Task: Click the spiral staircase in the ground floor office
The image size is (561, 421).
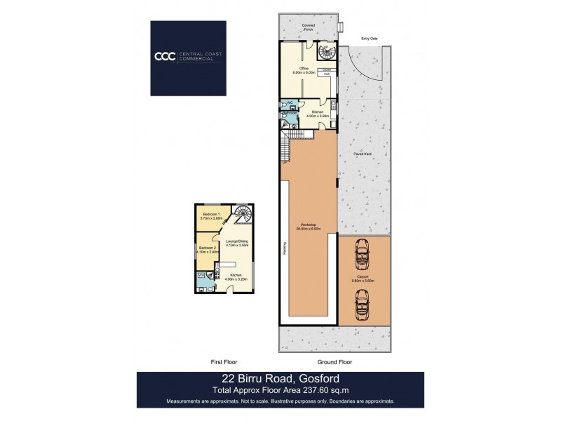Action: (325, 52)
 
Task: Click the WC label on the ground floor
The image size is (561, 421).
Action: (288, 102)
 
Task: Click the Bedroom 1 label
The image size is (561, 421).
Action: (211, 215)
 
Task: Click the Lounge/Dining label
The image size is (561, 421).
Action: (238, 243)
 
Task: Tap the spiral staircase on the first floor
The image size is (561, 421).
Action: (243, 213)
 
